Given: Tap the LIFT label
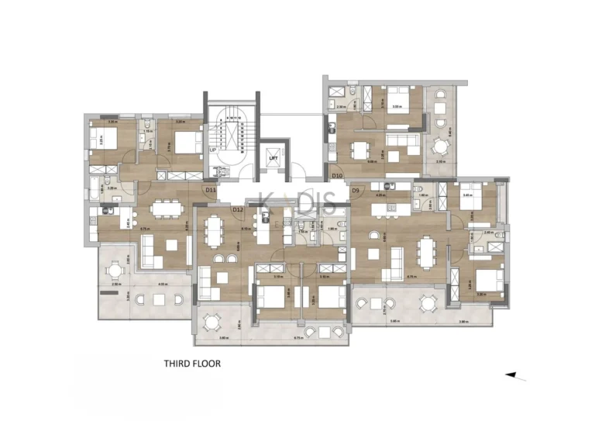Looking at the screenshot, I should click(273, 157).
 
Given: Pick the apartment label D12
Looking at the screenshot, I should click(238, 209).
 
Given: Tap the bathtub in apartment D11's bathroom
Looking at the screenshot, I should click(95, 187).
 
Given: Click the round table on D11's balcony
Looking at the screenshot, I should click(116, 271).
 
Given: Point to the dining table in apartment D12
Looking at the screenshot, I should click(213, 229).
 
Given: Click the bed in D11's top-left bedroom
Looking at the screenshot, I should click(101, 140).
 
